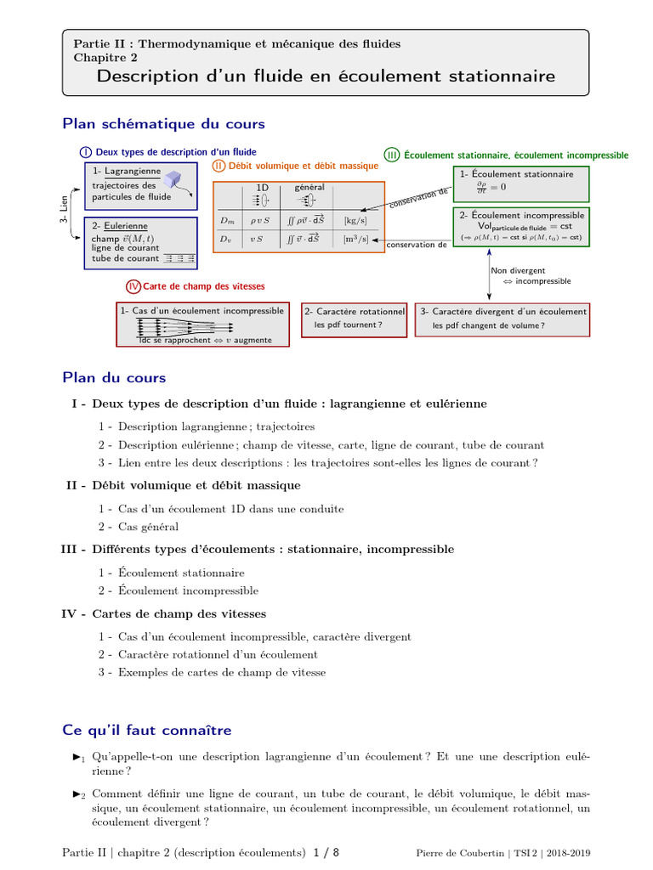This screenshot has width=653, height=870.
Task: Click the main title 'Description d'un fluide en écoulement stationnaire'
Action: click(x=326, y=76)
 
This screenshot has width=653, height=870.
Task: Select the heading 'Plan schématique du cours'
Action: click(x=164, y=124)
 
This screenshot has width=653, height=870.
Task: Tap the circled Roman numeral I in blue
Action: click(x=86, y=152)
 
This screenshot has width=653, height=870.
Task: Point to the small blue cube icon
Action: click(x=173, y=178)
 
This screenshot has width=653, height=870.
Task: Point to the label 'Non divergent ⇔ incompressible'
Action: click(x=530, y=276)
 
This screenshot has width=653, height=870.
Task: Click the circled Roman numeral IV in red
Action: click(x=133, y=286)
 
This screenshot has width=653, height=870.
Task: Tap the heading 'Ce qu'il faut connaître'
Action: click(x=147, y=731)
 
